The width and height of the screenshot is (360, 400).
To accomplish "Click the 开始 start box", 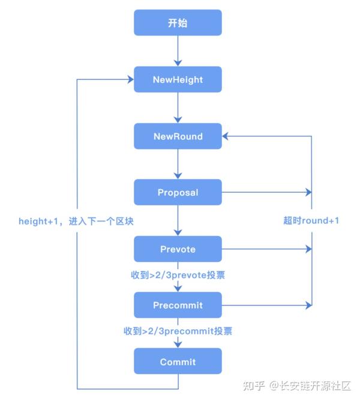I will point(178,23).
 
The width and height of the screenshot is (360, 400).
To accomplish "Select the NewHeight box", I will point(178,79).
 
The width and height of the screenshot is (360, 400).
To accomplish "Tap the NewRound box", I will point(178,136).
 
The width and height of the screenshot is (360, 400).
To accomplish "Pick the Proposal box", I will point(178,193).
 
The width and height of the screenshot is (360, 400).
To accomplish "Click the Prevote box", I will point(178,249).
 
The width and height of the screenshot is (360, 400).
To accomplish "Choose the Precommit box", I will point(178,305).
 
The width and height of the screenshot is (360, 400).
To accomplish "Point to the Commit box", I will point(178,362).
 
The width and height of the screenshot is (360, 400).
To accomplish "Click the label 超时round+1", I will point(311,220).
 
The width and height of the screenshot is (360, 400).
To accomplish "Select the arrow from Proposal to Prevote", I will point(178,220).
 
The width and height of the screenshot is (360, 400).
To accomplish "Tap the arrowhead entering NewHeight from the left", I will point(129,79).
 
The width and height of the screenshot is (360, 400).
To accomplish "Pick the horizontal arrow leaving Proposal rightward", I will point(267,193).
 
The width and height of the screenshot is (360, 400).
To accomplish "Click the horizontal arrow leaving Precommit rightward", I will point(267,305).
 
